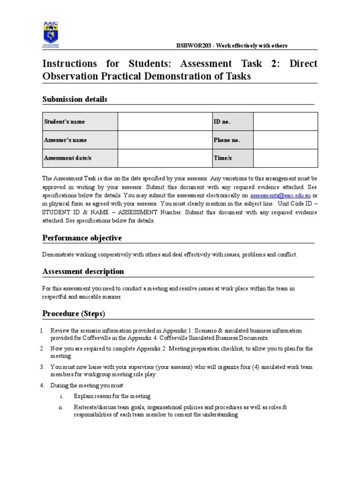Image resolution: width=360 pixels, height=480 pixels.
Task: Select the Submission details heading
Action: pos(75,99)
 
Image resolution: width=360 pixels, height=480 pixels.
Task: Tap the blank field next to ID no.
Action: pos(285,121)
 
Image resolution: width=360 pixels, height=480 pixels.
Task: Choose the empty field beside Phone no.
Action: pos(285,140)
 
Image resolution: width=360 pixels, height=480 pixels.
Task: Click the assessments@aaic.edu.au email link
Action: pos(280,195)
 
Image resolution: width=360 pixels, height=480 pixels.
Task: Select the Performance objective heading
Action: pos(82,238)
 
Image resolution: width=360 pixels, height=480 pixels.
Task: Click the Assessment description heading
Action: pos(83,271)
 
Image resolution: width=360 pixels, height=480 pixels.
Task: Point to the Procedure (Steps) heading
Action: pos(74,313)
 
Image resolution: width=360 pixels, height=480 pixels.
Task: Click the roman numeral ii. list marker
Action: pos(60,407)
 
